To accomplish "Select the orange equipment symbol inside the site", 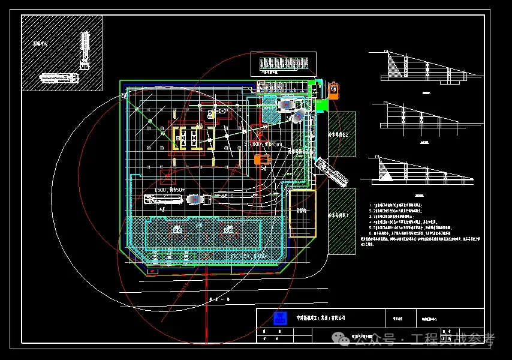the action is tap(262, 160).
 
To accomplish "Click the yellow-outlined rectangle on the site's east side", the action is tap(302, 213).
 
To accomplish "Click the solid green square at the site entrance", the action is tap(321, 105).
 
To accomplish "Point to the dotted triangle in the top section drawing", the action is tap(395, 65).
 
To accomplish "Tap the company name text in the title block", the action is tap(321, 317).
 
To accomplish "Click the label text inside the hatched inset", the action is tap(39, 44).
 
